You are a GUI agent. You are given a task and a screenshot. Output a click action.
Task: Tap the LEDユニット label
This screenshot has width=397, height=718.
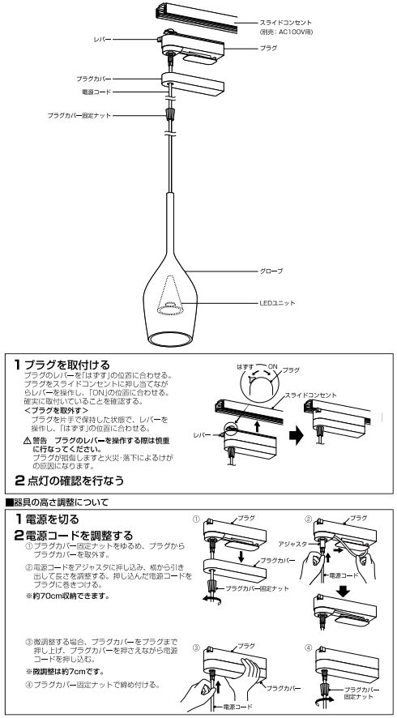(277, 303)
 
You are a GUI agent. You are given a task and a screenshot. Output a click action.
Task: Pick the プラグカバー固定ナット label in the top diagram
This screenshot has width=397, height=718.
(78, 116)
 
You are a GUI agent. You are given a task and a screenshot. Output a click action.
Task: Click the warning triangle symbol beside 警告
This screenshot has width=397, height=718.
(28, 440)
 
